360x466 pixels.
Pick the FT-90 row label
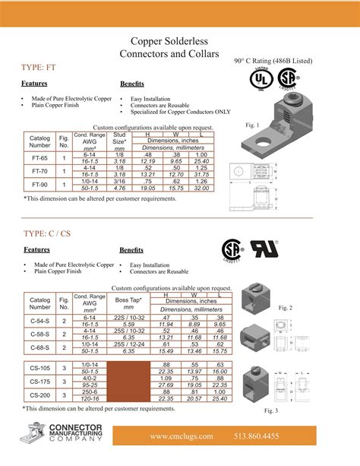[39, 185]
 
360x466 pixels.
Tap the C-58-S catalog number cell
[39, 335]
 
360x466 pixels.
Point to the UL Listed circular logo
[261, 79]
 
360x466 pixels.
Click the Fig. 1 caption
[253, 125]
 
